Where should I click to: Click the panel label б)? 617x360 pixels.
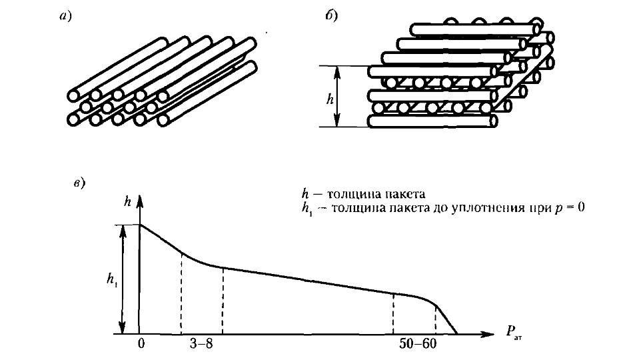tap(331, 16)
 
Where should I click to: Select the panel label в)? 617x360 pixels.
tap(79, 183)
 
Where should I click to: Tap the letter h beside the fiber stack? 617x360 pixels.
tap(330, 99)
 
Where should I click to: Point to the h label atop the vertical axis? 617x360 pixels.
tap(127, 201)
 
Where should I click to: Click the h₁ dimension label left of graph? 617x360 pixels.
tap(112, 280)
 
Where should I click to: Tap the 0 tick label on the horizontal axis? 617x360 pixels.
tap(141, 344)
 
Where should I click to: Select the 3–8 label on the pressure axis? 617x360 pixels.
tap(201, 344)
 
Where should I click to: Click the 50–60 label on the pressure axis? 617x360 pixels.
tap(418, 344)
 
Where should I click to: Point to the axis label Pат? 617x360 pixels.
tap(514, 333)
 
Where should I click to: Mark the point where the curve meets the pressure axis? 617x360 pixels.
tap(457, 335)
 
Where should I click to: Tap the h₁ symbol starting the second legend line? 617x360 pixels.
tap(307, 209)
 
